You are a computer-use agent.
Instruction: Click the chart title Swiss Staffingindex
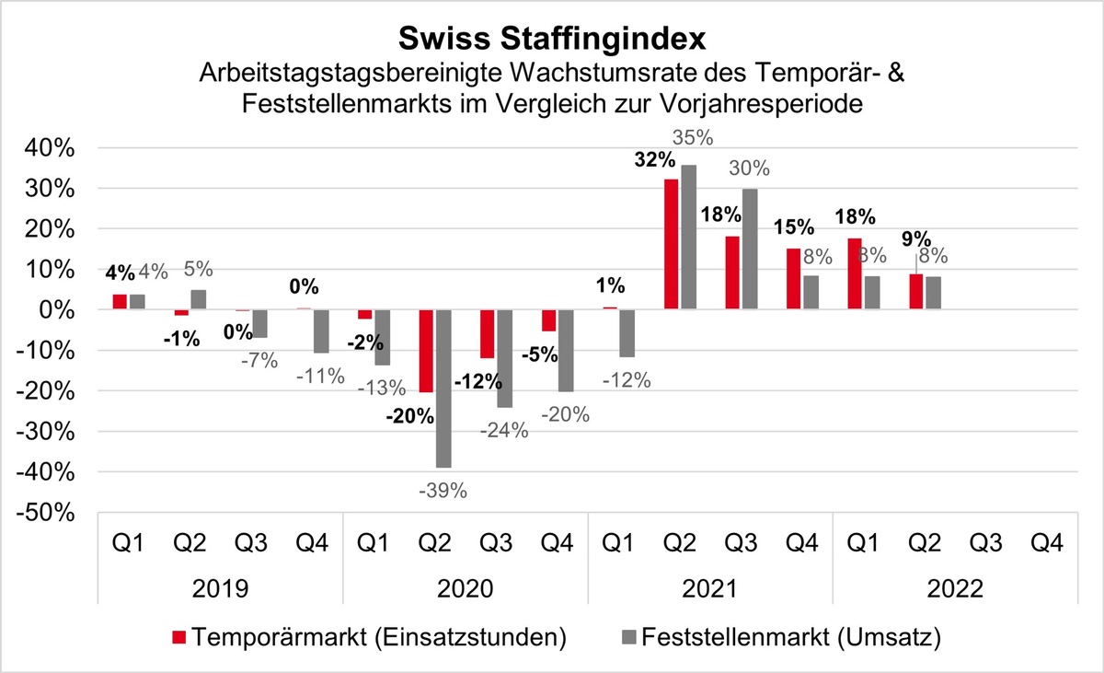tap(551, 39)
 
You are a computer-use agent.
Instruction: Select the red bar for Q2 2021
tap(672, 244)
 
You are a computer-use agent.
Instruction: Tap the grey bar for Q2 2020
tap(443, 389)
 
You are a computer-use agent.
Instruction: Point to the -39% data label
tap(443, 490)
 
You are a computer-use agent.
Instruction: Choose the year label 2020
tap(464, 586)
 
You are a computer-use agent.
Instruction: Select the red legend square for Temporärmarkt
tap(181, 636)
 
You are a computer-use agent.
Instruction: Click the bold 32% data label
tap(651, 159)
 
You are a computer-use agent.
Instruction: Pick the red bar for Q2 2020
tap(426, 351)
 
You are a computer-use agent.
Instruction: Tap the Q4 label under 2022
tap(1045, 542)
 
